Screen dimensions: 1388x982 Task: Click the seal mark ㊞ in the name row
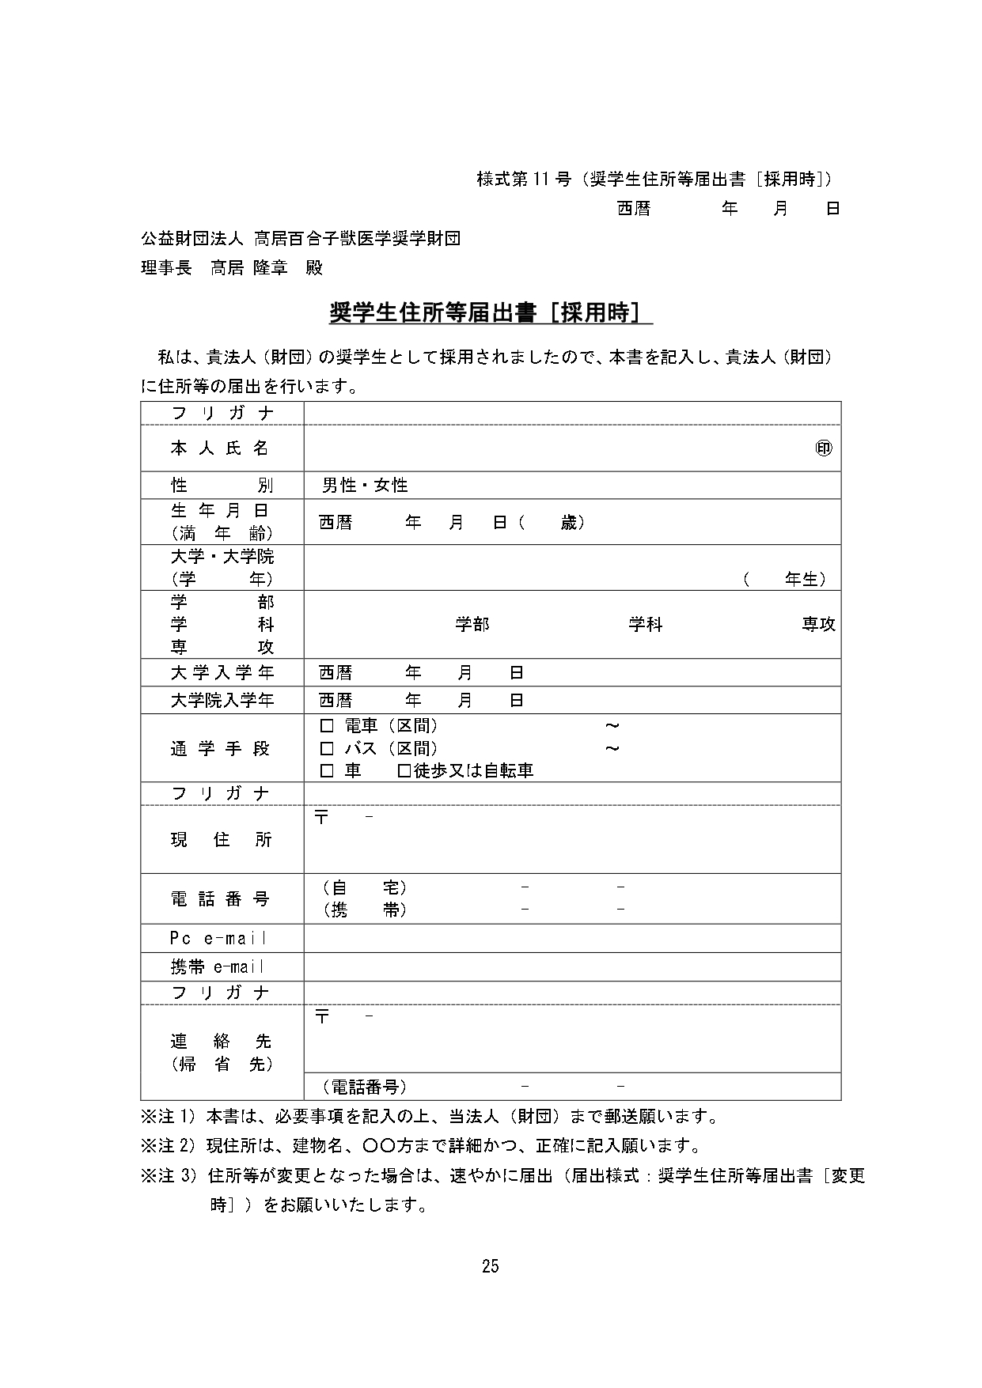pos(824,448)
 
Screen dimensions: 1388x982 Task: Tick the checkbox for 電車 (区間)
pos(326,726)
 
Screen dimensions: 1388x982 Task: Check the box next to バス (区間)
pos(326,748)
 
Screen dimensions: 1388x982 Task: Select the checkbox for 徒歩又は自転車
pos(404,770)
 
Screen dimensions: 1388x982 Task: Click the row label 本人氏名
pos(222,448)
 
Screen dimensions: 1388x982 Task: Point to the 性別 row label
pos(222,485)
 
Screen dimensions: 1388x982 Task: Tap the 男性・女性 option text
pos(365,485)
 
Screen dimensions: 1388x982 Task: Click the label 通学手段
pos(222,748)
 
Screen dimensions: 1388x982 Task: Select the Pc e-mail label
pos(218,939)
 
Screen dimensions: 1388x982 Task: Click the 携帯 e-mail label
pos(218,966)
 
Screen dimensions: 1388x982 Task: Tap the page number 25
pos(491,1266)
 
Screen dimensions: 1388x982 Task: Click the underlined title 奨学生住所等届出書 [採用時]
pos(490,313)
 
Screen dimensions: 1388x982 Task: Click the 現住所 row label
pos(222,840)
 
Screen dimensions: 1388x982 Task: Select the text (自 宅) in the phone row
pos(365,888)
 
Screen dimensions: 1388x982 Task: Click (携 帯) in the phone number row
pos(365,910)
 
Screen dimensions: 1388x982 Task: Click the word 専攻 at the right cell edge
pos(818,625)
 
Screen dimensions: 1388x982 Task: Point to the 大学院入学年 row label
pos(222,701)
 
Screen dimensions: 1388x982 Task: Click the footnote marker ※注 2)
pos(168,1145)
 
